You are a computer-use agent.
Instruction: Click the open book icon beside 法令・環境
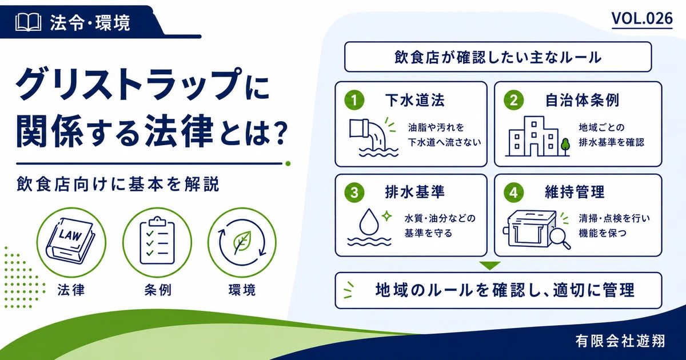(x=28, y=22)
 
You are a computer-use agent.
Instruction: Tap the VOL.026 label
(x=642, y=19)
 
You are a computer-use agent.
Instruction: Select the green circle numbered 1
(x=354, y=100)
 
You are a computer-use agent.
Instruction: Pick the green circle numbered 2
(x=513, y=100)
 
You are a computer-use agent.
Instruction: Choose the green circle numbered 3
(x=354, y=193)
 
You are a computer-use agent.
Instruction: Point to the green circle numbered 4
(x=513, y=193)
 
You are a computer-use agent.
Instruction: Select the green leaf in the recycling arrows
(x=242, y=242)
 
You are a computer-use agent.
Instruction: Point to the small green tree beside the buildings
(x=565, y=147)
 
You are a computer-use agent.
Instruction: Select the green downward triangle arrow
(x=490, y=265)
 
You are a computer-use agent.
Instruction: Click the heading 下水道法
(x=415, y=100)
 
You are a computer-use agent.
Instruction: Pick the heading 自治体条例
(x=582, y=100)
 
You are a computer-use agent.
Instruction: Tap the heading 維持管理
(x=575, y=192)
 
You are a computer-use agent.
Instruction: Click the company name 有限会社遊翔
(x=620, y=341)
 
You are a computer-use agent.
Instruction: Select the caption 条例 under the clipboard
(x=158, y=290)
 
